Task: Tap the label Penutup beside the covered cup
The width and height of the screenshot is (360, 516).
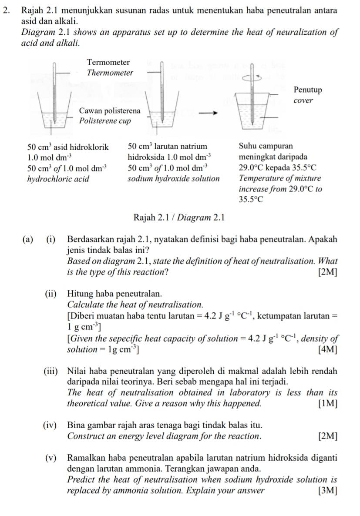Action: pos(308,90)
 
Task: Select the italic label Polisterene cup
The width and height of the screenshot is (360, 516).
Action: pos(104,121)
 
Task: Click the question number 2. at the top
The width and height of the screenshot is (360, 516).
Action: pos(6,10)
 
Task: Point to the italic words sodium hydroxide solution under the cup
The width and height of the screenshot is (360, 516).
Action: pos(174,178)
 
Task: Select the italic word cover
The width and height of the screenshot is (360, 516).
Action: pos(303,101)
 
